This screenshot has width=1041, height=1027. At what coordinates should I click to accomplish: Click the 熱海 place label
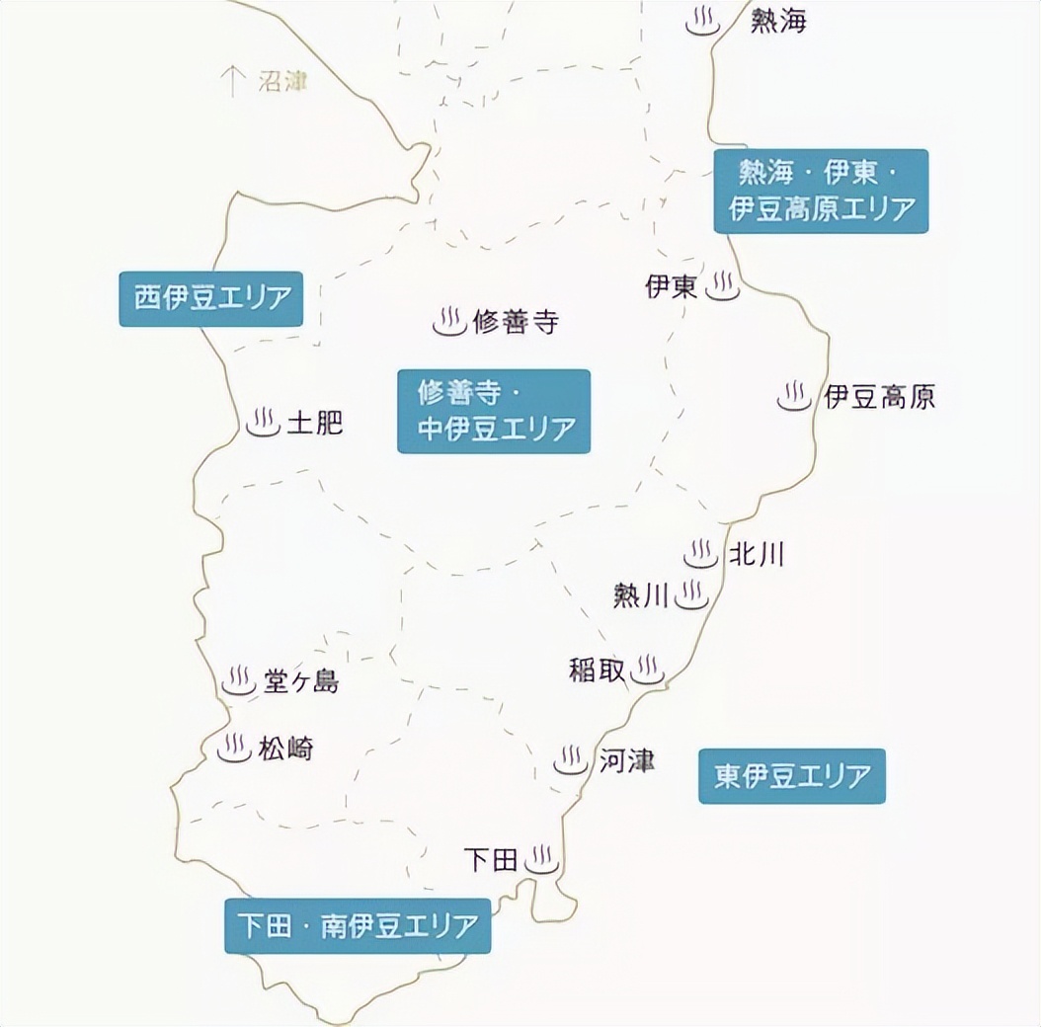pos(778,21)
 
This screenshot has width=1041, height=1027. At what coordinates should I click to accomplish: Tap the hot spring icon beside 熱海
pos(703,22)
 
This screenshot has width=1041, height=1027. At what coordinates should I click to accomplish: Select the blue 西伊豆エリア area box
pos(210,298)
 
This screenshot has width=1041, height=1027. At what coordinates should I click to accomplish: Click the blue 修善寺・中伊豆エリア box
pos(494,411)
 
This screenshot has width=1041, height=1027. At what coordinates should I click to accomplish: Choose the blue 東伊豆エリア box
pos(792,776)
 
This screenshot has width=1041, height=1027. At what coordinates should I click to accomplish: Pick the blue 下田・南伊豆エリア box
pos(358,926)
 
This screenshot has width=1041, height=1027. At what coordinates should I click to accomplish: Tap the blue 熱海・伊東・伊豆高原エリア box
pos(822,191)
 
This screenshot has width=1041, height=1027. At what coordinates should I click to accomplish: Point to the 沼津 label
pos(282,81)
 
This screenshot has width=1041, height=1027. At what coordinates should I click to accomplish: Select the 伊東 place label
pos(672,286)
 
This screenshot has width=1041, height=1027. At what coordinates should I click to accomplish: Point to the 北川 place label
pos(757,554)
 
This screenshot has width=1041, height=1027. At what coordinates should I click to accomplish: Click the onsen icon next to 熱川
pos(692,595)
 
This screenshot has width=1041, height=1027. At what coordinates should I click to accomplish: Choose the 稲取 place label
pos(598,670)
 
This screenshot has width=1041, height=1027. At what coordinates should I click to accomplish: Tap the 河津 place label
pos(626,760)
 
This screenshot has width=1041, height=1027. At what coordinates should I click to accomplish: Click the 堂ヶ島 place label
pos(301,681)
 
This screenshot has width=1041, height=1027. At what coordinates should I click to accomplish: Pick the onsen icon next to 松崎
pos(234,748)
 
